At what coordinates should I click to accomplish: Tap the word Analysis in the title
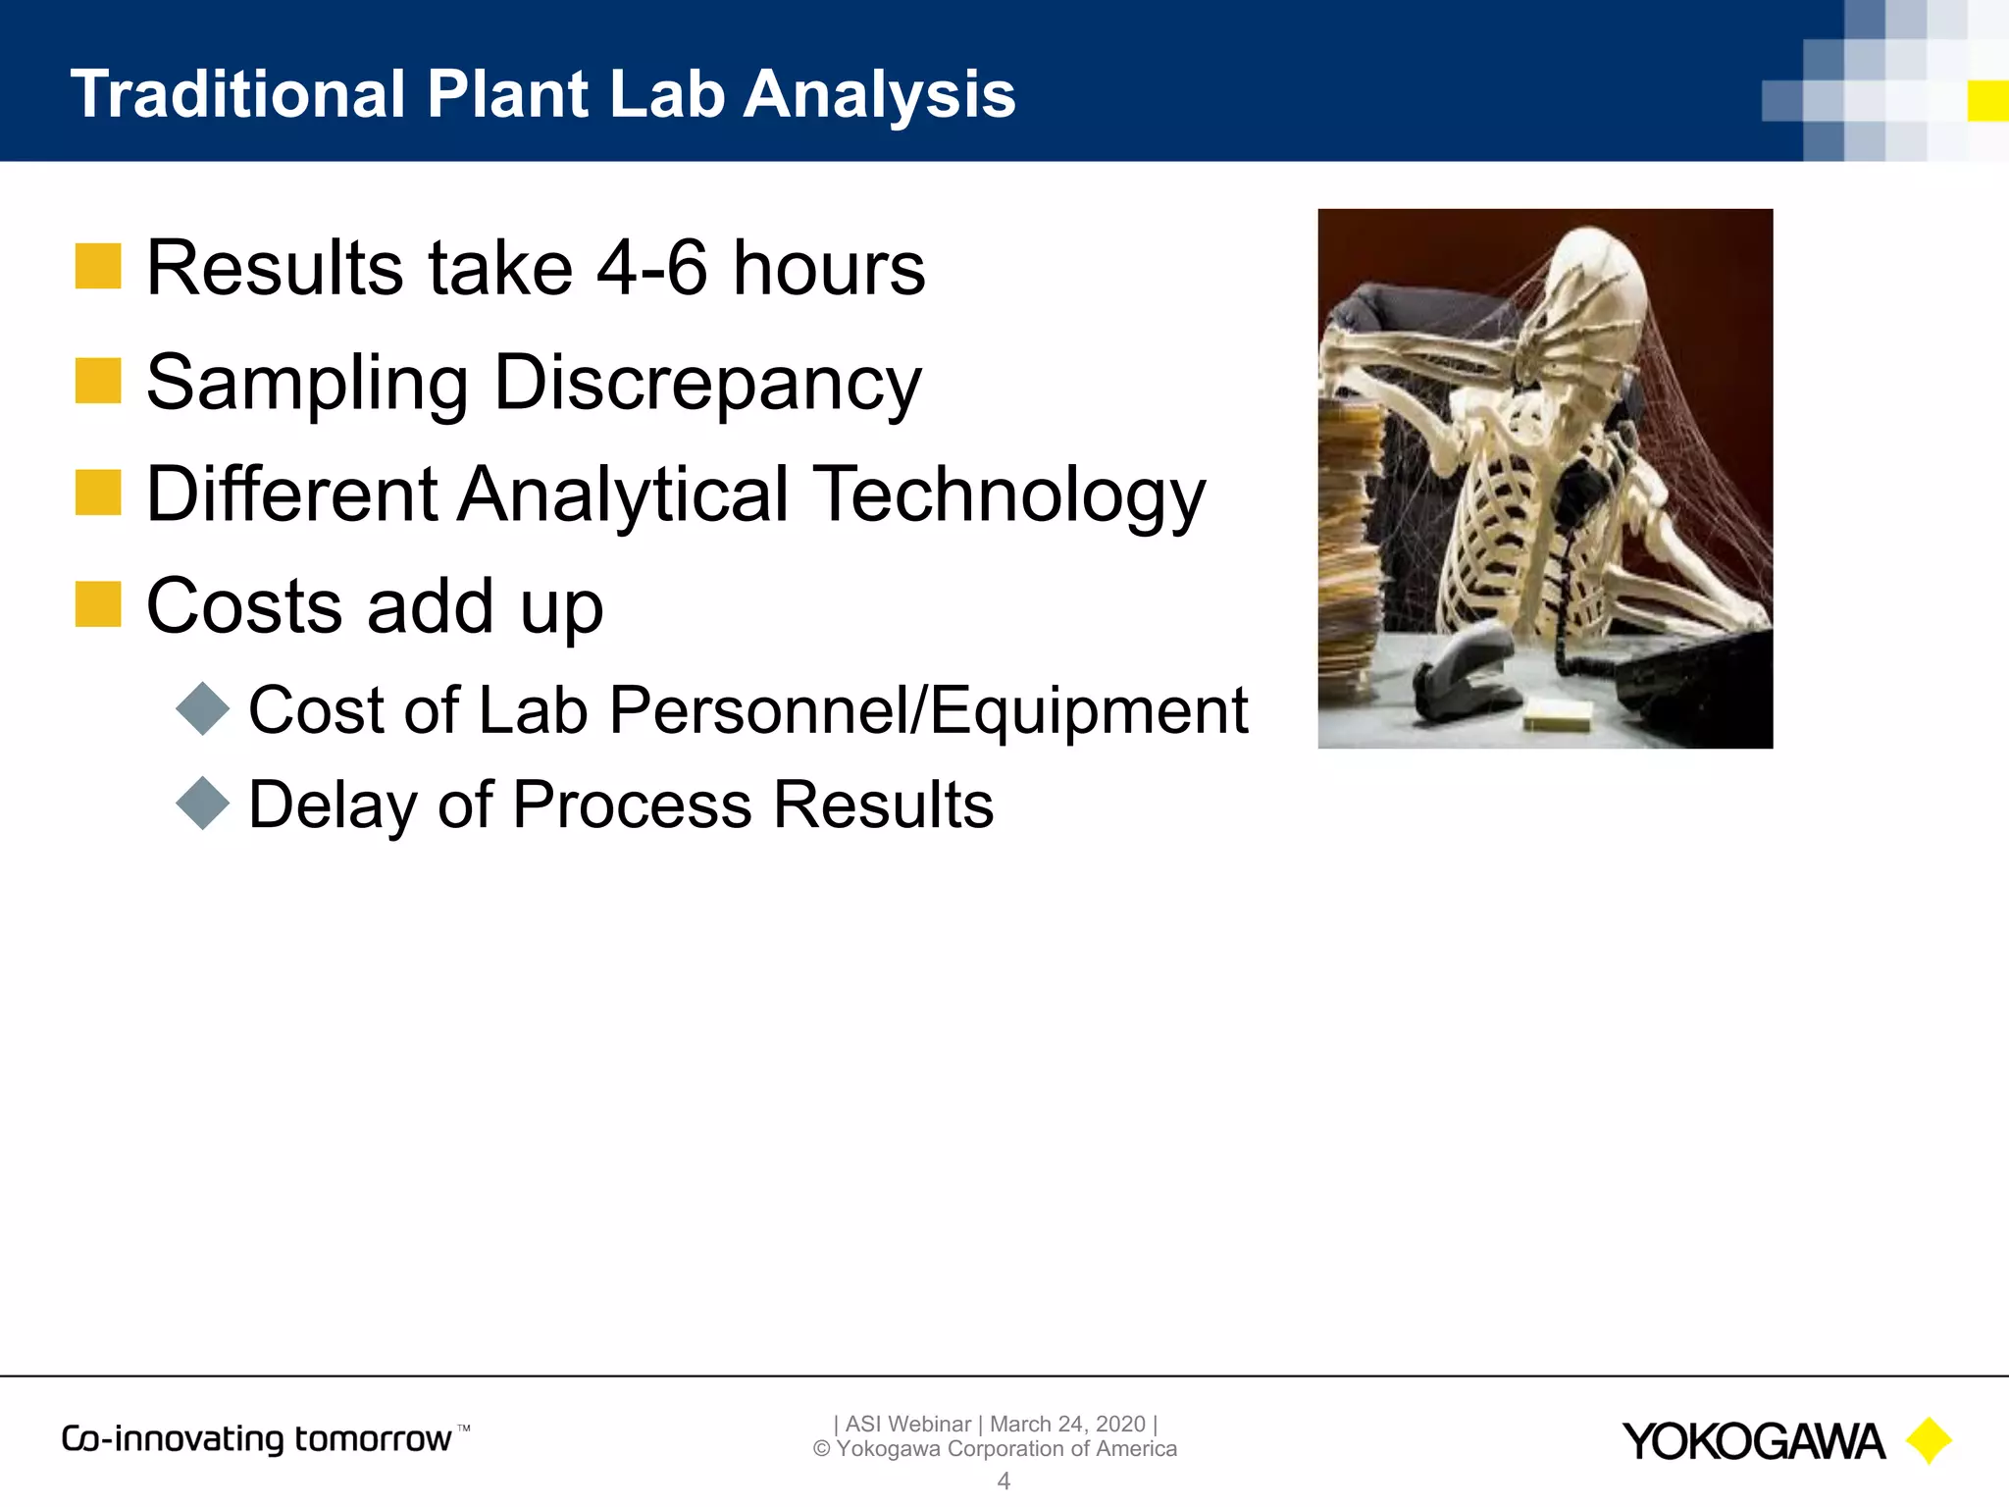coord(879,96)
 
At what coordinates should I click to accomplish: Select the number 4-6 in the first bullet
coord(651,268)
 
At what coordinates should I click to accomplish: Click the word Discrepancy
coord(707,384)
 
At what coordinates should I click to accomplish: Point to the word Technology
coord(1009,495)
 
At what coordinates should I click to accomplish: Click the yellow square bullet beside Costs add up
coord(98,604)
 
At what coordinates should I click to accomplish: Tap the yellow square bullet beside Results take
coord(98,267)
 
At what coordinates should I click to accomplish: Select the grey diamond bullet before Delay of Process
coord(202,804)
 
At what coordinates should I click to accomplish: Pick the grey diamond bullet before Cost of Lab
coord(202,708)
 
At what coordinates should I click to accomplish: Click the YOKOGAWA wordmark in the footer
coord(1752,1442)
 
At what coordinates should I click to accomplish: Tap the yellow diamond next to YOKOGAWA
coord(1929,1440)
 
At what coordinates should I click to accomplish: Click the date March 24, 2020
coord(1067,1424)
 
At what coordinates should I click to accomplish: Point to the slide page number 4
coord(1004,1481)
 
